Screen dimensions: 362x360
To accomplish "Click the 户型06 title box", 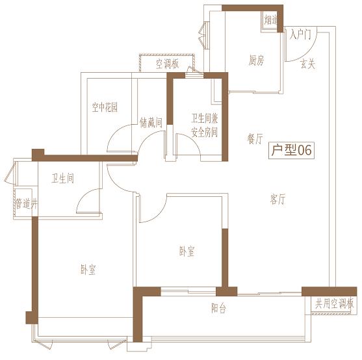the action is (291, 150).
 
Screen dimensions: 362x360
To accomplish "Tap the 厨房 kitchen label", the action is (256, 60).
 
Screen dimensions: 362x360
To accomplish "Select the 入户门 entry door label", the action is (300, 35).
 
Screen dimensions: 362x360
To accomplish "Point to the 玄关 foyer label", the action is (308, 64).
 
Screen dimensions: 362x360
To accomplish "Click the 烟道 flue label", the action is (270, 20).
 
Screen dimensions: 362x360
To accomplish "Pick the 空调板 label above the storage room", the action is (168, 64).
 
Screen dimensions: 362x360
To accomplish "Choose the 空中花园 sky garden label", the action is (105, 107).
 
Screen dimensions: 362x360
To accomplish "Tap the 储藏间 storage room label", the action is (151, 123).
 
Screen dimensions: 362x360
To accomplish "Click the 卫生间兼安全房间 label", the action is (205, 125).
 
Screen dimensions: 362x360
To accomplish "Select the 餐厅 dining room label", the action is (255, 138).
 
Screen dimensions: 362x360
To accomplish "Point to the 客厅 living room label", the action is (278, 199).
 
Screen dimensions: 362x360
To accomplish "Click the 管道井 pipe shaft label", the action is (26, 203).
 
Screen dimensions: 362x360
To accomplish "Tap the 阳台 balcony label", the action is (218, 308).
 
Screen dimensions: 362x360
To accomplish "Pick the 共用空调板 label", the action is (334, 303).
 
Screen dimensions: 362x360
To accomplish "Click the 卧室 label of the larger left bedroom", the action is (88, 269).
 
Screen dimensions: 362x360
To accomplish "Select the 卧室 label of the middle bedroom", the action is (187, 251).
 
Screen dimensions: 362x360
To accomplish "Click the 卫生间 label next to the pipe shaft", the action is (63, 178).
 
